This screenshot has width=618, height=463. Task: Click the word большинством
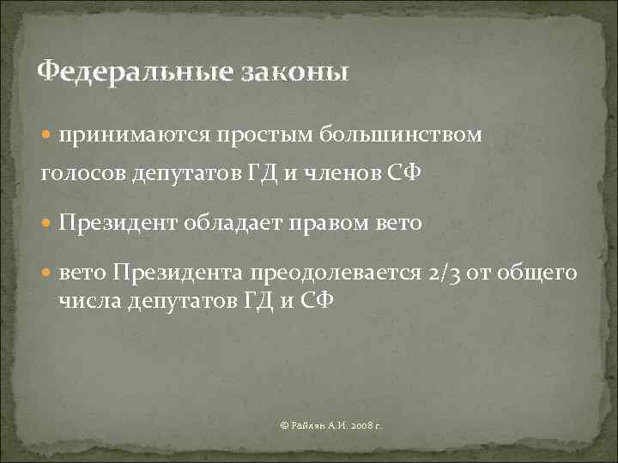(x=402, y=135)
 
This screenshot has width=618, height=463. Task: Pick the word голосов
(x=83, y=176)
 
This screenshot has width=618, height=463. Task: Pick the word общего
(x=540, y=274)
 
